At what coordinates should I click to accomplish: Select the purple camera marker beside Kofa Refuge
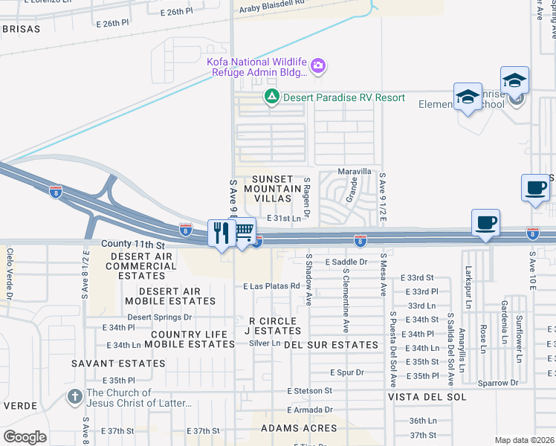point(318,67)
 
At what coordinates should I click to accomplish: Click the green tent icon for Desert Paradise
point(272,97)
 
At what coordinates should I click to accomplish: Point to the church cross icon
point(74,397)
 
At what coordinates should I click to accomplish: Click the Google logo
point(25,437)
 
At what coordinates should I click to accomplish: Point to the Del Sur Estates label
point(331,345)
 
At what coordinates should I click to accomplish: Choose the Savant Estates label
point(109,363)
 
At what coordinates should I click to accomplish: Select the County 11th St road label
point(132,244)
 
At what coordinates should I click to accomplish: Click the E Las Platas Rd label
point(271,285)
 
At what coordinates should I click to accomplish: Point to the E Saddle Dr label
point(346,262)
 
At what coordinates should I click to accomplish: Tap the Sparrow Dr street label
point(498,383)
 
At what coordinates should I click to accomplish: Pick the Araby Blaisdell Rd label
point(271,3)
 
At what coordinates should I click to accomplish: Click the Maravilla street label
point(354,171)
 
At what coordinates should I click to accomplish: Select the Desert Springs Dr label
point(159,317)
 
